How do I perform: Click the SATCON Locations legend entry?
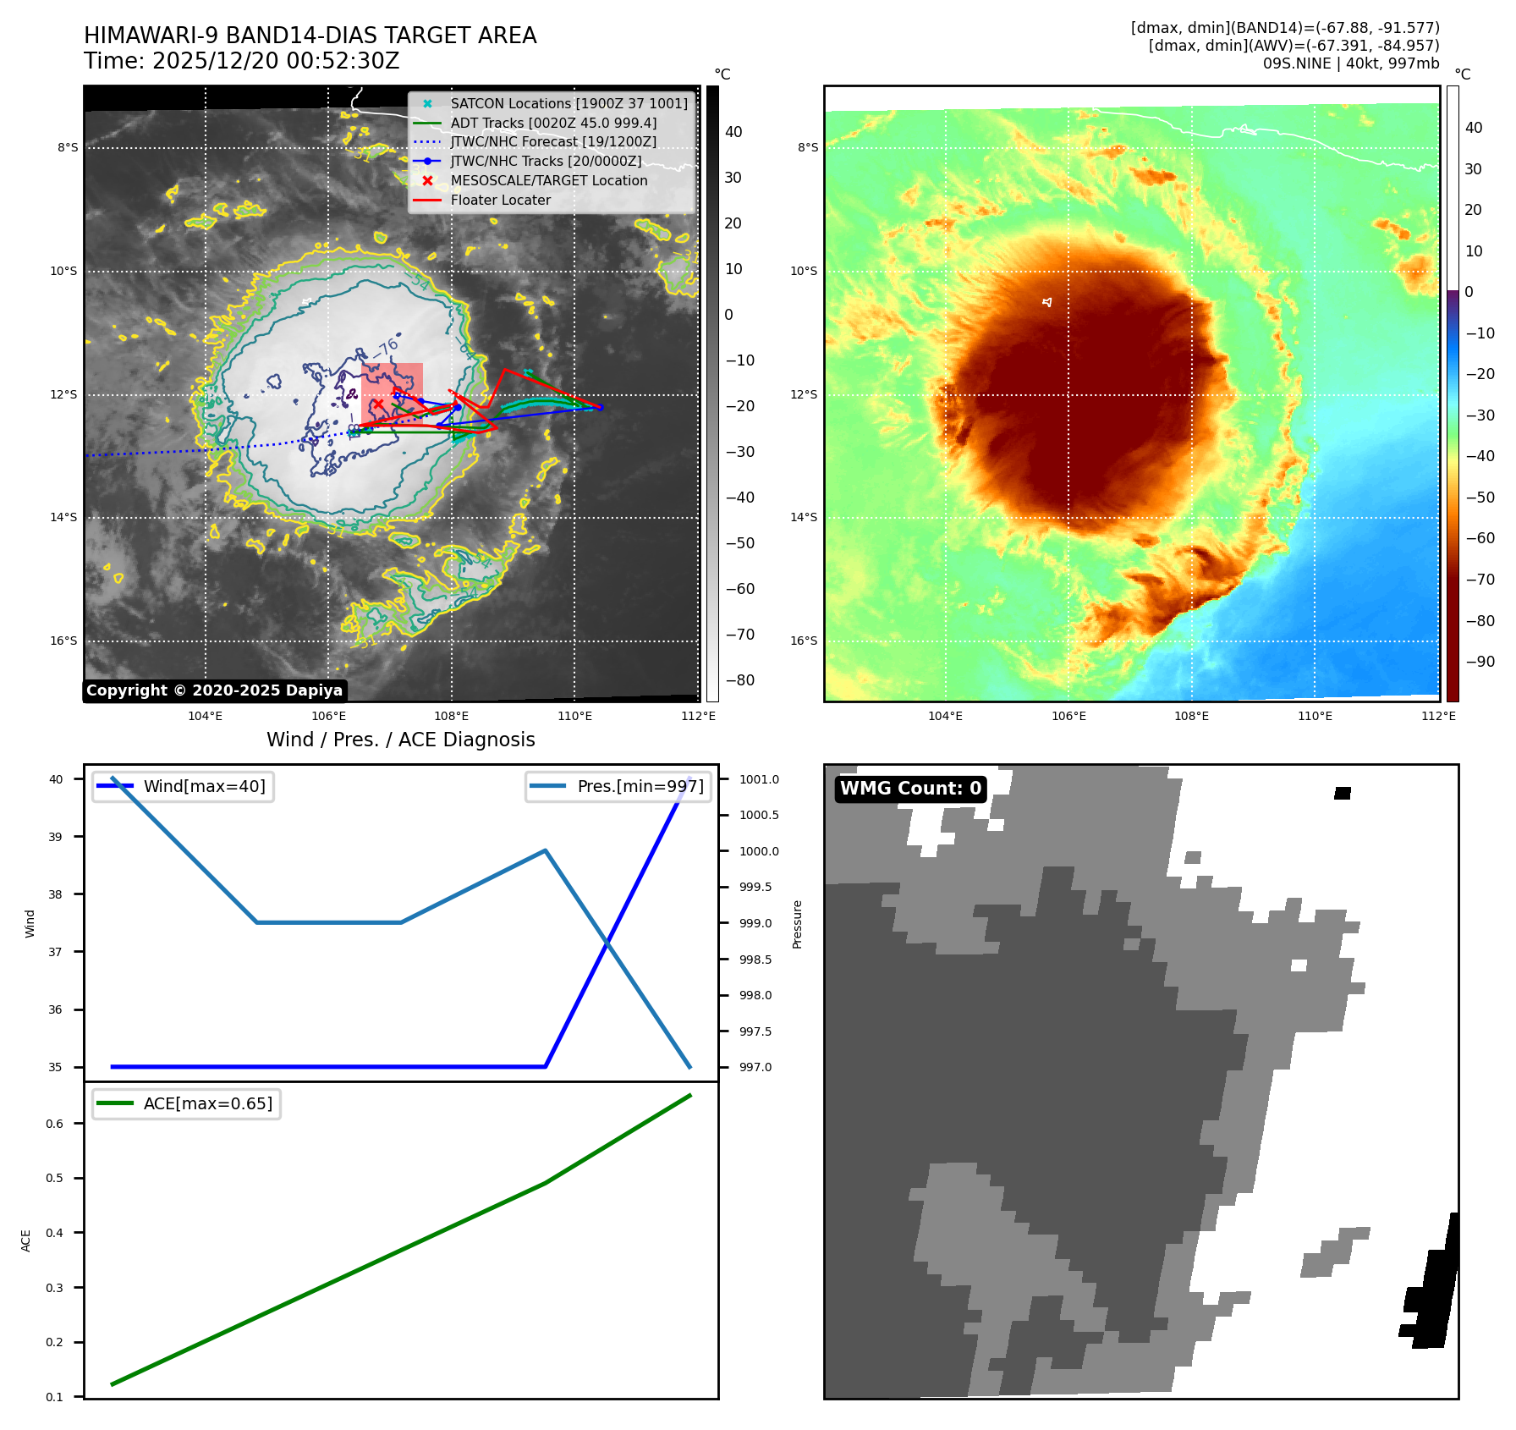(x=568, y=103)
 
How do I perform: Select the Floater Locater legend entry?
(x=500, y=201)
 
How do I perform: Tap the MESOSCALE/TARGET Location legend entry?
(x=548, y=181)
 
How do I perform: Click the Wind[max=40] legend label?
(x=204, y=786)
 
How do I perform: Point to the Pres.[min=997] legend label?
(x=640, y=786)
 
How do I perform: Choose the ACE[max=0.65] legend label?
(x=207, y=1103)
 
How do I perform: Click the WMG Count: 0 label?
(x=910, y=789)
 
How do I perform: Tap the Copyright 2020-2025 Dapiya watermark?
(x=214, y=690)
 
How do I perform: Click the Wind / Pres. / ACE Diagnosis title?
(x=400, y=740)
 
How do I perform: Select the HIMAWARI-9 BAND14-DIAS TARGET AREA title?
(x=310, y=36)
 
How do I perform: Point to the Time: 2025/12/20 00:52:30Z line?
(x=241, y=61)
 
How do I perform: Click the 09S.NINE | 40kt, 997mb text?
(x=1350, y=63)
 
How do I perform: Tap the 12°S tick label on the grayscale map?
(x=63, y=394)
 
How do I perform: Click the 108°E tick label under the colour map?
(x=1191, y=716)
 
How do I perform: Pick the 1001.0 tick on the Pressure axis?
(x=759, y=779)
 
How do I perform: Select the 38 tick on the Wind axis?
(x=55, y=894)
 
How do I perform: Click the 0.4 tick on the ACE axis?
(x=54, y=1233)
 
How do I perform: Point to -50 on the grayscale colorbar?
(x=739, y=543)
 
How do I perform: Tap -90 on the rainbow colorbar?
(x=1480, y=662)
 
